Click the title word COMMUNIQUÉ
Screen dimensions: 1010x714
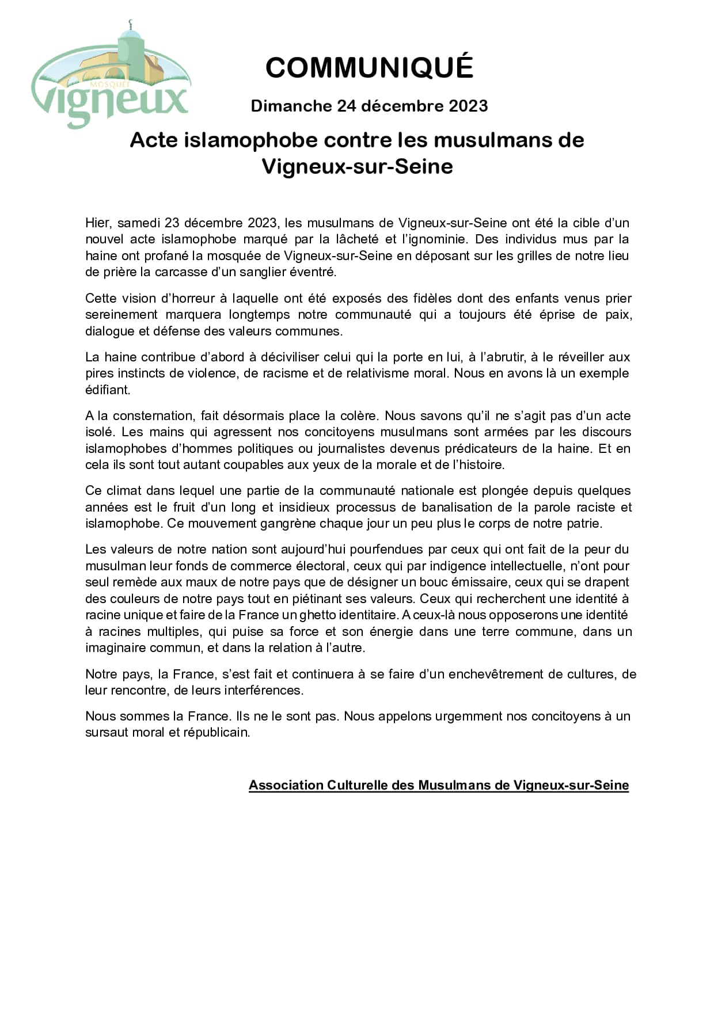tap(369, 68)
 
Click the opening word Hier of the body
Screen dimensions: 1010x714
tap(98, 223)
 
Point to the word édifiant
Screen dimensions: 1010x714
tap(108, 390)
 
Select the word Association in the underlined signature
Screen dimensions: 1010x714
tap(286, 785)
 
